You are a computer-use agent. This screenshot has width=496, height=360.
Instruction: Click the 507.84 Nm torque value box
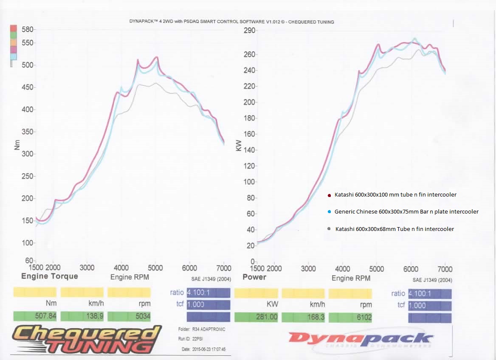pyautogui.click(x=35, y=316)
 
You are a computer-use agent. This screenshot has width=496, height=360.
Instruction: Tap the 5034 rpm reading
pyautogui.click(x=129, y=316)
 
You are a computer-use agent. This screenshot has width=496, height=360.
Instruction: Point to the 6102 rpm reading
pyautogui.click(x=350, y=317)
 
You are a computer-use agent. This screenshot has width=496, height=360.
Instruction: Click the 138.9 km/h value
pyautogui.click(x=82, y=316)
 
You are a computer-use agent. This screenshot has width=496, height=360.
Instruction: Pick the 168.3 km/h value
pyautogui.click(x=303, y=317)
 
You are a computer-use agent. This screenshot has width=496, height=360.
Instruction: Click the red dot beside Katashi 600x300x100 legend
pyautogui.click(x=329, y=195)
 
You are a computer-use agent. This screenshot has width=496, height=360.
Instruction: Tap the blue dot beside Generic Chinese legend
pyautogui.click(x=329, y=212)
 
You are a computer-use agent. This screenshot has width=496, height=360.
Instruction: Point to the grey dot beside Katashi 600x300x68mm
pyautogui.click(x=329, y=229)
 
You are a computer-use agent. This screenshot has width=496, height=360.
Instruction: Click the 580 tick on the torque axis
pyautogui.click(x=28, y=30)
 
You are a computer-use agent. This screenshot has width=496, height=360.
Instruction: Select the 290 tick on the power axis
pyautogui.click(x=249, y=31)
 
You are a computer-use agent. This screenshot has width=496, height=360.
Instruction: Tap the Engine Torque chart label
pyautogui.click(x=50, y=276)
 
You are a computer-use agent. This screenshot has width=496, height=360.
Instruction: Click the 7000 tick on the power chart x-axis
pyautogui.click(x=445, y=269)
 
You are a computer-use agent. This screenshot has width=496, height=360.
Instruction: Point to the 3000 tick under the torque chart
pyautogui.click(x=87, y=267)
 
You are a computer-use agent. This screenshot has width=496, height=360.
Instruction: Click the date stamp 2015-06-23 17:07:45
pyautogui.click(x=203, y=349)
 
